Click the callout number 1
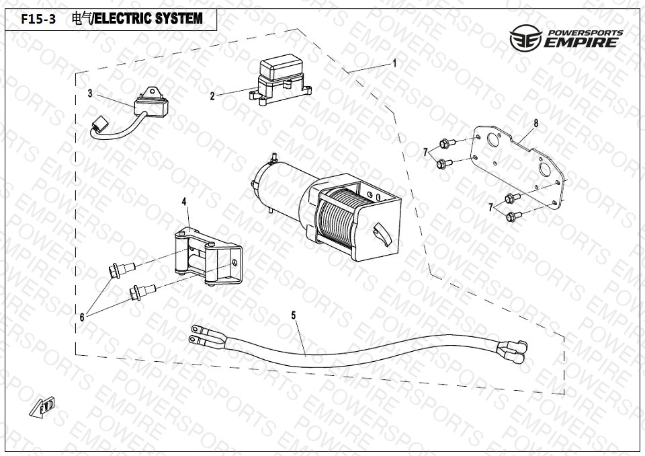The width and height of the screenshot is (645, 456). click(x=395, y=63)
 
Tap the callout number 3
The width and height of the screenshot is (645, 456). click(x=90, y=93)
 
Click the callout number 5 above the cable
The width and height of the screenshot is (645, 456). click(x=294, y=314)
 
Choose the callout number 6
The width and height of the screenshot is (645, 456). click(x=82, y=317)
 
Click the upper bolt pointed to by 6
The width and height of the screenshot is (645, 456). click(x=120, y=270)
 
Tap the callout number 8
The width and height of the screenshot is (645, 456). click(x=536, y=123)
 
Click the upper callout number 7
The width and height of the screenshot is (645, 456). click(x=426, y=153)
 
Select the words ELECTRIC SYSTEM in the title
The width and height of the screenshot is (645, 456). click(x=148, y=20)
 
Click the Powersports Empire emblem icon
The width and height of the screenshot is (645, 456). click(x=524, y=40)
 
